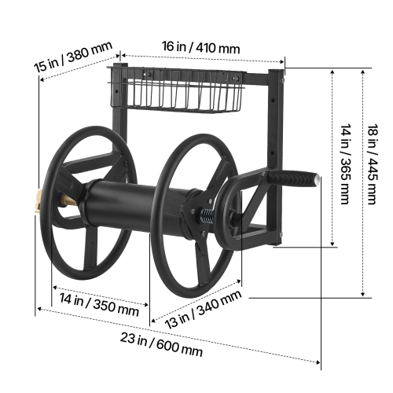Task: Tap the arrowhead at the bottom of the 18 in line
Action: [363, 296]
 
